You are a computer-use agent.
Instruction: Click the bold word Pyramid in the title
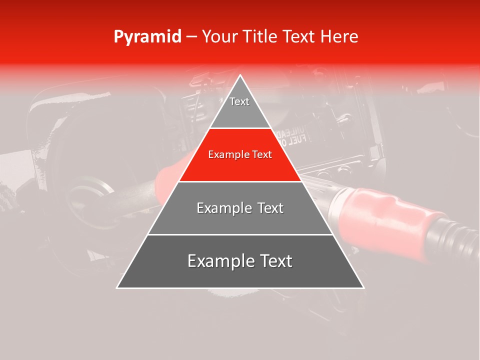coord(147,37)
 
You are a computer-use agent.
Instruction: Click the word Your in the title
coord(218,37)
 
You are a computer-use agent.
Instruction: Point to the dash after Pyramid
coord(191,37)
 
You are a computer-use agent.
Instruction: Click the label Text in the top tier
coord(239,101)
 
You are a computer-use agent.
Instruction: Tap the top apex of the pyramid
coord(240,76)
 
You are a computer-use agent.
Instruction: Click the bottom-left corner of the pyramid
coord(117,287)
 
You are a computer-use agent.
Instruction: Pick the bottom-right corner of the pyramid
coord(363,287)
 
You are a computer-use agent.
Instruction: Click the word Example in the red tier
coord(228,155)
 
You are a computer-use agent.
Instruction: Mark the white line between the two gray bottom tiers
coord(240,234)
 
